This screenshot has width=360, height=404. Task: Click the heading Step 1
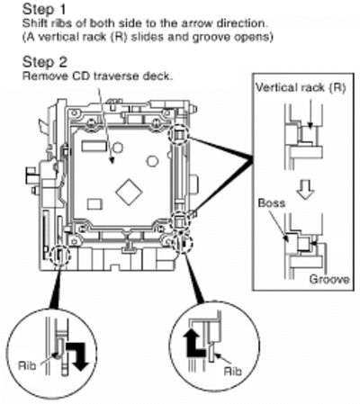tap(44, 9)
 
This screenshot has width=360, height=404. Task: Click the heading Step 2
tap(45, 62)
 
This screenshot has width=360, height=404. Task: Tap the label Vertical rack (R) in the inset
tap(301, 87)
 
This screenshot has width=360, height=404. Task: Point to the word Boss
tap(272, 203)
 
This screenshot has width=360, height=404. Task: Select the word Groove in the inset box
tap(329, 279)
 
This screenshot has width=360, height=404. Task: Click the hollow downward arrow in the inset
tap(306, 191)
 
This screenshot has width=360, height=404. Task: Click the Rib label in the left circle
tap(27, 365)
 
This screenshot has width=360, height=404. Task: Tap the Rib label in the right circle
tap(233, 372)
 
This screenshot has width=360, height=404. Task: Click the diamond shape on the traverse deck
tap(129, 193)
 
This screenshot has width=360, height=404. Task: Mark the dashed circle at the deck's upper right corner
tap(179, 134)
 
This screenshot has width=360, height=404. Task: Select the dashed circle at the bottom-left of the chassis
tap(60, 256)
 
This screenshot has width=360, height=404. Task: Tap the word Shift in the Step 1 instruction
tap(31, 23)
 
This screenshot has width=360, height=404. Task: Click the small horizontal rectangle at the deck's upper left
tap(94, 146)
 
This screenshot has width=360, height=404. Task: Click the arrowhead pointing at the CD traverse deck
tap(112, 160)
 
